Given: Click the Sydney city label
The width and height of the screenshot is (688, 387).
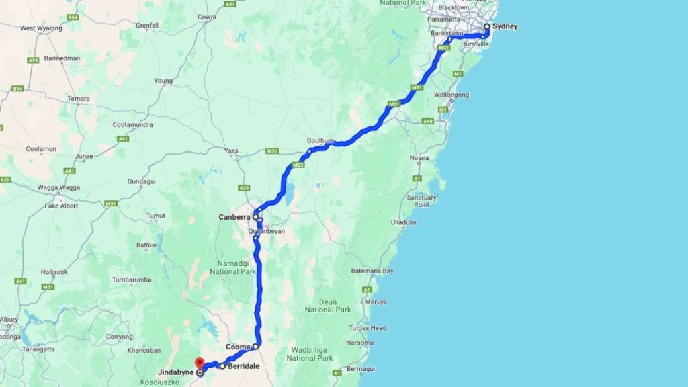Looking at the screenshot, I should [x=505, y=26].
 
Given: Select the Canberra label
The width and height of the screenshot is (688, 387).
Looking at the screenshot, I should [x=234, y=217].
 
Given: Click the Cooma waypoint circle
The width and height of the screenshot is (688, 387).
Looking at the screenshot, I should [x=256, y=347].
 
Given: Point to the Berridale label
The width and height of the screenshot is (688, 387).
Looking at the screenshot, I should [x=243, y=366].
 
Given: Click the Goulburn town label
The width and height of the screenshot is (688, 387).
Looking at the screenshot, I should [x=320, y=140].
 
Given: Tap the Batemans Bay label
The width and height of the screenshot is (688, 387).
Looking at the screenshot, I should [x=372, y=271].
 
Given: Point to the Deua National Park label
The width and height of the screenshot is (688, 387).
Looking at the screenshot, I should [x=328, y=306].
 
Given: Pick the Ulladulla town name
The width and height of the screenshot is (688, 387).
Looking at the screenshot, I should [x=403, y=221].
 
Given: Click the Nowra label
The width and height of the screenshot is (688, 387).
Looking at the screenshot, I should [x=419, y=158].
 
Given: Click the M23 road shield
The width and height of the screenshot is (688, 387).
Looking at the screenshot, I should [x=298, y=165].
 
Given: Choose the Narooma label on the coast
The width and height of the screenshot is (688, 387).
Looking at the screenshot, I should [x=360, y=343].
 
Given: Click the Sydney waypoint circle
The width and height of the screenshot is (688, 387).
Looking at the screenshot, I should [x=487, y=27].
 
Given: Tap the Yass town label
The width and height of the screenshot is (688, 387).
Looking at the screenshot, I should [x=231, y=150].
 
